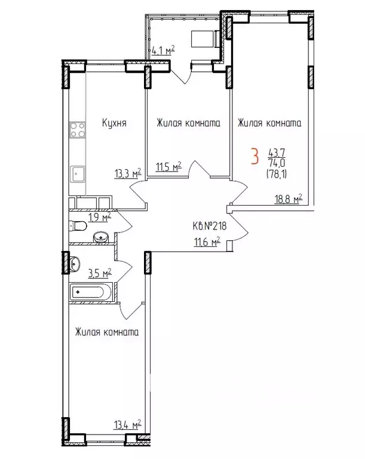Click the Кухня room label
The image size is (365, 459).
coord(113,123)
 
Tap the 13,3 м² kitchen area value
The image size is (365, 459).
coord(127,174)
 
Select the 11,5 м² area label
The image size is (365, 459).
coord(168,167)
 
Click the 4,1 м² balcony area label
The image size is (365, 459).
coord(161,51)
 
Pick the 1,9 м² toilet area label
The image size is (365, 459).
coord(99,218)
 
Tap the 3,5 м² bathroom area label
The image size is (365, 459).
coord(99,273)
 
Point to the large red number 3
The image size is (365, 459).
coord(254,157)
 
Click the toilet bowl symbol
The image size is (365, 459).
coord(76,226)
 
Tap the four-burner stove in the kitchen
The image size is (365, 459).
coord(77,130)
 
